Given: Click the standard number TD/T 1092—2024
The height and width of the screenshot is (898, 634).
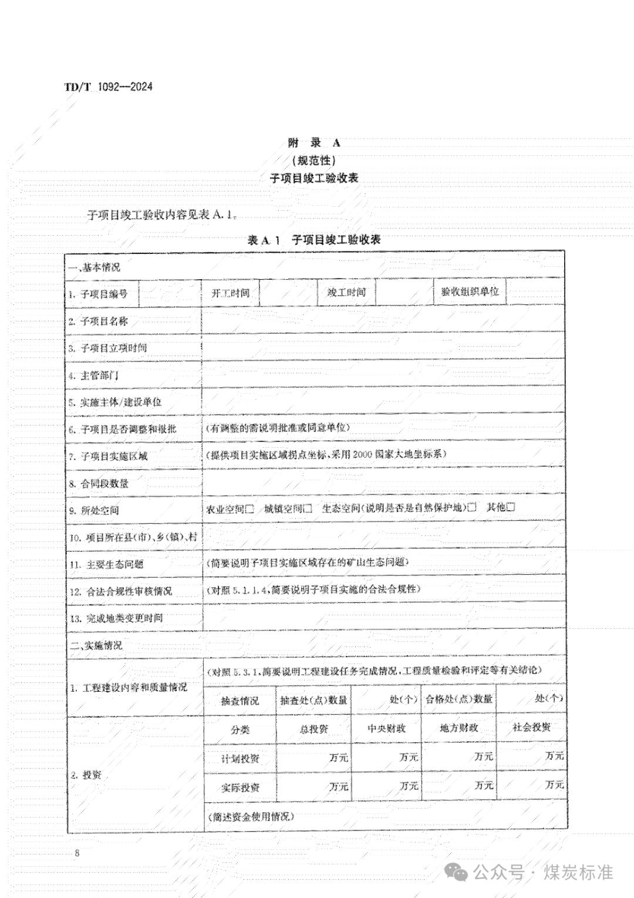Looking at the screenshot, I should pyautogui.click(x=108, y=87).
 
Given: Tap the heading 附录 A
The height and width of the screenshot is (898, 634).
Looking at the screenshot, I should pyautogui.click(x=313, y=142).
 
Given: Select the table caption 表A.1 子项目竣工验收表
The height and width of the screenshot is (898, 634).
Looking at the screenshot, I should pyautogui.click(x=315, y=240).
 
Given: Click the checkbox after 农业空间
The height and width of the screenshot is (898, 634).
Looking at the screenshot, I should pyautogui.click(x=249, y=508).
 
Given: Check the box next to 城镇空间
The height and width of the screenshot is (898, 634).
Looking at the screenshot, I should pyautogui.click(x=308, y=508).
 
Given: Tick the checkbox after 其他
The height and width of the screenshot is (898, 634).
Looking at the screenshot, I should pyautogui.click(x=510, y=507).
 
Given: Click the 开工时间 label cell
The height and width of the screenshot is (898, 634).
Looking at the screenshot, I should pyautogui.click(x=230, y=293).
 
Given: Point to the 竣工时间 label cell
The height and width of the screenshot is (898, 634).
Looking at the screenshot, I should pyautogui.click(x=346, y=292).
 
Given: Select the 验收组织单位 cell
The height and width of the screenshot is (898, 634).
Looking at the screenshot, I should pyautogui.click(x=470, y=291).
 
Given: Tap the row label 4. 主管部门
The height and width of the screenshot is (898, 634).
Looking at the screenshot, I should pyautogui.click(x=94, y=375).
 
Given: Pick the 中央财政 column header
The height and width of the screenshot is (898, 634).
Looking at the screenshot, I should pyautogui.click(x=386, y=728).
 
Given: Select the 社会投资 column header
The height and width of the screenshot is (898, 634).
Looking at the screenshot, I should pyautogui.click(x=532, y=727).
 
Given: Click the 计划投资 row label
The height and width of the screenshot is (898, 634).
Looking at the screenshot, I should pyautogui.click(x=240, y=758).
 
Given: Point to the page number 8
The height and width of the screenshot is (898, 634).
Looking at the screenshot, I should pyautogui.click(x=77, y=853).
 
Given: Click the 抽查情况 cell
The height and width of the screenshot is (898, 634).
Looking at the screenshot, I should pyautogui.click(x=240, y=701).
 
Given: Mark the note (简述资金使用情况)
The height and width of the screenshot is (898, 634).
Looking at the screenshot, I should pyautogui.click(x=251, y=816).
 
